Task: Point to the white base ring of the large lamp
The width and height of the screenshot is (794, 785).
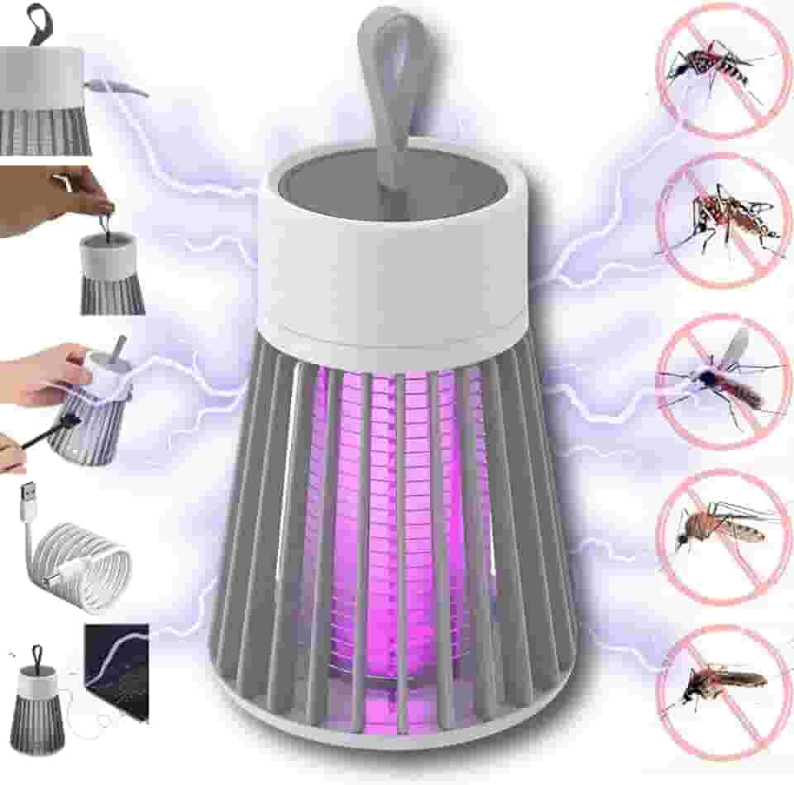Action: pyautogui.click(x=397, y=728)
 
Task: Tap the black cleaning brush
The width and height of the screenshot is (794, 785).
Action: pyautogui.click(x=50, y=433)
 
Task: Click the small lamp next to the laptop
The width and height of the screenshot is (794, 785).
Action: pyautogui.click(x=37, y=695)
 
